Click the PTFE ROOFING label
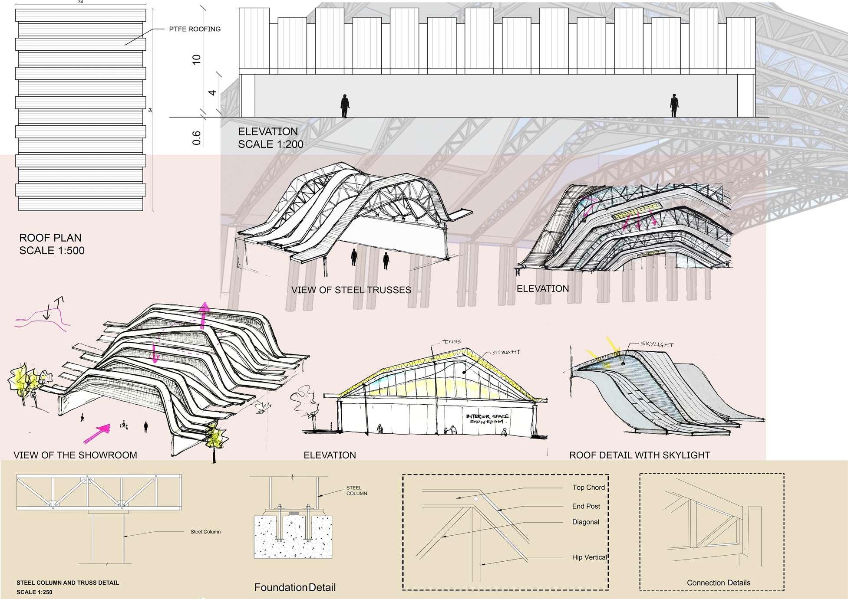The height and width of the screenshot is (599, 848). (x=195, y=29)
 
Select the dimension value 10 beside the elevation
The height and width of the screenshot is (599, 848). (x=196, y=60)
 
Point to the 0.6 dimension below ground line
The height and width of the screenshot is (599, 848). (x=196, y=137)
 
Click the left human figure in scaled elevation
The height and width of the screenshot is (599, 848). (x=345, y=106)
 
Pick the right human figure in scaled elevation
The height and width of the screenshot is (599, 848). (x=674, y=106)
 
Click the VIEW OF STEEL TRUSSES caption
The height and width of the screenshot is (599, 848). (x=351, y=290)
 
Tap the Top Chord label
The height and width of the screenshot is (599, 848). (x=588, y=488)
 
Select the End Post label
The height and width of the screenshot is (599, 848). (x=586, y=506)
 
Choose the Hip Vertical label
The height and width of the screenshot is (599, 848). (x=589, y=557)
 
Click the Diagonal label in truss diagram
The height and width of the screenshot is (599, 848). (x=585, y=522)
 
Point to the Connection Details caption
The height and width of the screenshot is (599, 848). (x=718, y=583)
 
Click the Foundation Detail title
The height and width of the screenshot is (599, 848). (x=295, y=588)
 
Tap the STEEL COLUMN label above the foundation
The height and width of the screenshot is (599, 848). (x=356, y=491)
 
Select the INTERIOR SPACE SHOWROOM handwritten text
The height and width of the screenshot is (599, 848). (x=488, y=419)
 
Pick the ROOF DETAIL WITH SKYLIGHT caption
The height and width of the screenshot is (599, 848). (x=639, y=455)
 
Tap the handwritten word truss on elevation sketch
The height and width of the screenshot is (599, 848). (x=450, y=342)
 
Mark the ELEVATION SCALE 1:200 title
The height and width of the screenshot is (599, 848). (x=270, y=138)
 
